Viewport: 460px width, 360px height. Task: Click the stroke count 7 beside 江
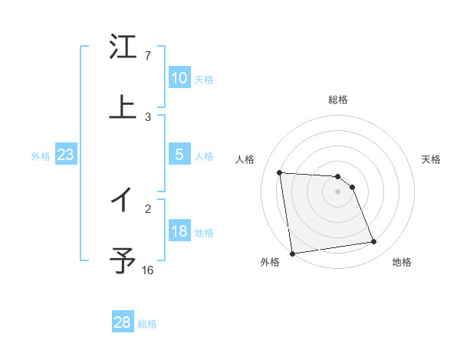[x=148, y=56]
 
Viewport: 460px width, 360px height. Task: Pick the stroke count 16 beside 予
[x=148, y=270]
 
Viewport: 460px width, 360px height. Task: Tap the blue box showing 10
[x=179, y=78]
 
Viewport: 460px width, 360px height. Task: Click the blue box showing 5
[x=179, y=155]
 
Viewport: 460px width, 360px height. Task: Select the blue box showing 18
[x=179, y=232]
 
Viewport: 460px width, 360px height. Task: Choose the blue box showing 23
[x=65, y=155]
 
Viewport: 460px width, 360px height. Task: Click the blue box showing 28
[x=123, y=322]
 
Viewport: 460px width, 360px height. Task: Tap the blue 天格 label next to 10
[x=204, y=79]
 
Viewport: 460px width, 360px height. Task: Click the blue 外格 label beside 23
[x=41, y=156]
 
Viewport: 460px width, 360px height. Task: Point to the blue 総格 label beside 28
[x=147, y=323]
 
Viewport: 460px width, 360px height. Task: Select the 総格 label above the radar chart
[x=338, y=100]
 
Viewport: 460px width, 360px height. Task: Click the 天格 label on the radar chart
[x=432, y=159]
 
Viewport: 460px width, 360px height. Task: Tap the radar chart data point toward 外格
[x=292, y=253]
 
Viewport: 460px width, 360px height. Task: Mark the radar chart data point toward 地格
[x=374, y=242]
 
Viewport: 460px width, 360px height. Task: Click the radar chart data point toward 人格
[x=280, y=172]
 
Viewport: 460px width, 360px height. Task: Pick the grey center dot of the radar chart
[x=338, y=191]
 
